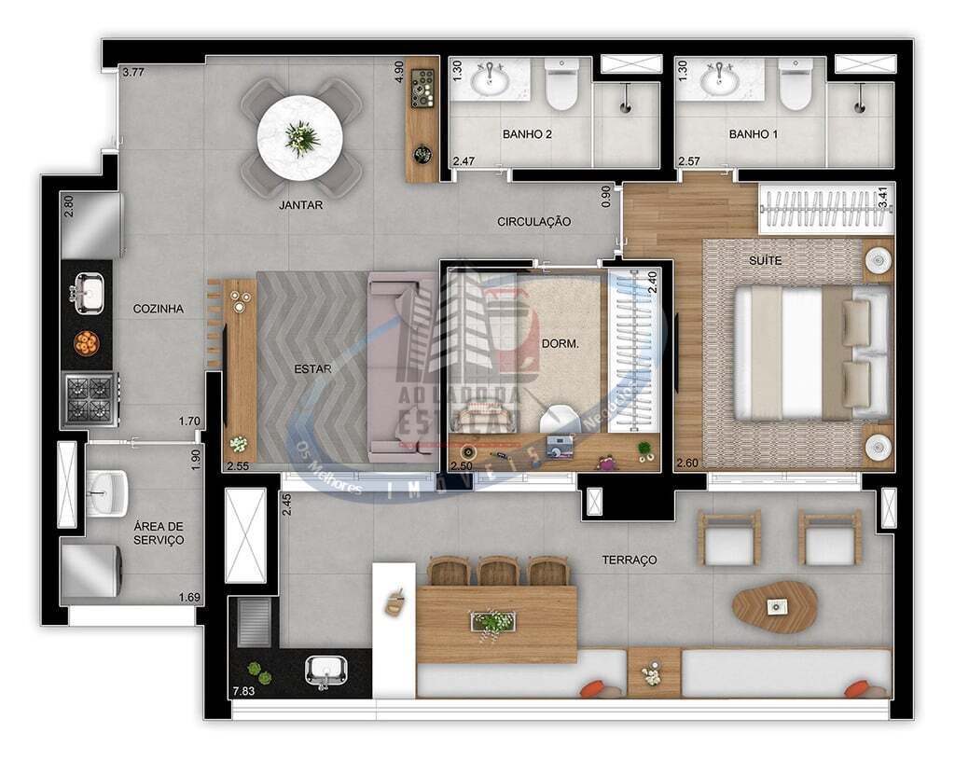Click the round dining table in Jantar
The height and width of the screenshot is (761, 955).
click(x=300, y=138)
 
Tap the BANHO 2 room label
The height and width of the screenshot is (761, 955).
click(x=527, y=134)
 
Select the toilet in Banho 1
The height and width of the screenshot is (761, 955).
click(x=795, y=87)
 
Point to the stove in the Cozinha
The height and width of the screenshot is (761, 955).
click(x=89, y=399)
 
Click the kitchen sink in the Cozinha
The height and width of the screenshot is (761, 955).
click(x=89, y=292)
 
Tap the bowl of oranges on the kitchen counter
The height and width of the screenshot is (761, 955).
click(x=87, y=343)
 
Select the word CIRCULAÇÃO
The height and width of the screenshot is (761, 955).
click(x=533, y=222)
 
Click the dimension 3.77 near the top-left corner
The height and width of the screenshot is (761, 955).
click(x=133, y=73)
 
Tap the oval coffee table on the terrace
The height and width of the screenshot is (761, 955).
click(x=774, y=606)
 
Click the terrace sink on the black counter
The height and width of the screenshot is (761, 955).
click(x=326, y=670)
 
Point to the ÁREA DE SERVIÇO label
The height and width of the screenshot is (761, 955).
click(x=158, y=533)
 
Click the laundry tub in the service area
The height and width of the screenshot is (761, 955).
click(x=106, y=490)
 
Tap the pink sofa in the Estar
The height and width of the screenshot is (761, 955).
click(x=401, y=368)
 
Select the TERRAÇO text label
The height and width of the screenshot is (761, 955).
click(x=629, y=560)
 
